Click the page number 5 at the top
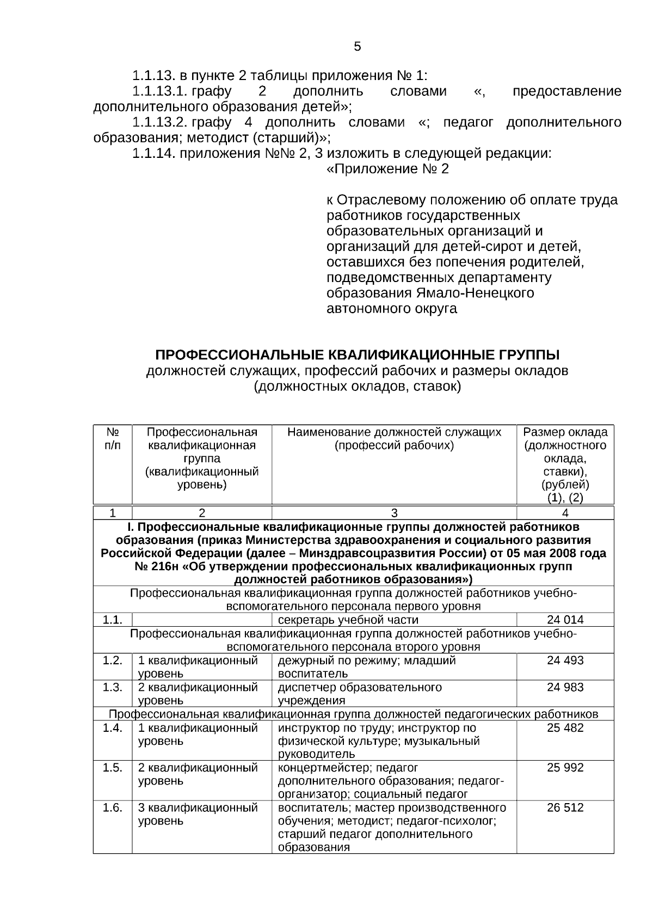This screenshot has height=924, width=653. (x=357, y=47)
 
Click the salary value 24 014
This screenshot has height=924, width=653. (x=565, y=620)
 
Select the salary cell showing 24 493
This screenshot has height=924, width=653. (x=565, y=660)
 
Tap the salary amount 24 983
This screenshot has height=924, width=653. (x=565, y=687)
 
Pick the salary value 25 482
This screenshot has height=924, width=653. (x=565, y=728)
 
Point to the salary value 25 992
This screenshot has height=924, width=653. (x=565, y=768)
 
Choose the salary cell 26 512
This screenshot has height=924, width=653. (x=565, y=807)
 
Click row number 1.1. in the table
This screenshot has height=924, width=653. (x=112, y=620)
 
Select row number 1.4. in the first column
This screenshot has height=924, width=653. (x=112, y=728)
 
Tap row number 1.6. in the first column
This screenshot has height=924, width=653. (x=112, y=807)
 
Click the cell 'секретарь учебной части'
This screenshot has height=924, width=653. (x=348, y=620)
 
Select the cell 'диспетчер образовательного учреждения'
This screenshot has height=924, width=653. (x=360, y=694)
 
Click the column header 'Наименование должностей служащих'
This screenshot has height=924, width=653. (x=394, y=433)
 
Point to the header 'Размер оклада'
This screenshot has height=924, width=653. (x=565, y=433)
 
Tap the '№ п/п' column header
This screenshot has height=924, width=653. (x=112, y=439)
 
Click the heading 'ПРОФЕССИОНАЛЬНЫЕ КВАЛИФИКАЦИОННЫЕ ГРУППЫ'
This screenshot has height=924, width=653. (x=357, y=356)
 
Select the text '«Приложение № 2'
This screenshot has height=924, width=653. (x=387, y=169)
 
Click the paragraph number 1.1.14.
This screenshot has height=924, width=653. (x=154, y=154)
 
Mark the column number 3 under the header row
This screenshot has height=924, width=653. (x=394, y=513)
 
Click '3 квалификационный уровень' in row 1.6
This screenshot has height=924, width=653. (x=198, y=814)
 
